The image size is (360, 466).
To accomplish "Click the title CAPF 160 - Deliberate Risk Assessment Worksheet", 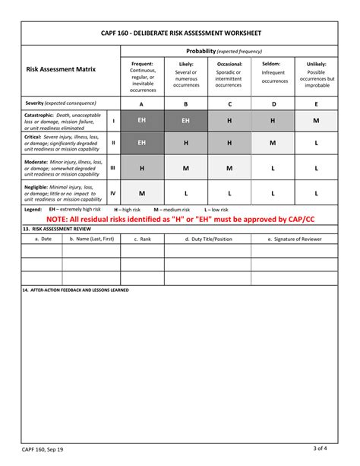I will (x=180, y=33).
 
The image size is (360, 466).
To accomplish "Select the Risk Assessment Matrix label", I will (x=60, y=69).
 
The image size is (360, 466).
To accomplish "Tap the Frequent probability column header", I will (x=142, y=77).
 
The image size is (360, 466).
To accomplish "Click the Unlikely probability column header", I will (x=317, y=74).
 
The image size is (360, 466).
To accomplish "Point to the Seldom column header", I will (x=273, y=72).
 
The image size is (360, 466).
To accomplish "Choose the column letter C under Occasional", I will (x=229, y=103).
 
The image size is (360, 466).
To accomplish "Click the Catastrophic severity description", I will (x=63, y=120).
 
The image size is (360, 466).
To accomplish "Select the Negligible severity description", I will (x=63, y=193).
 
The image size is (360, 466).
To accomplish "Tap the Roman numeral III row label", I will (x=113, y=168).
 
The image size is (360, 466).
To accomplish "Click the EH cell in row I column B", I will (x=186, y=120).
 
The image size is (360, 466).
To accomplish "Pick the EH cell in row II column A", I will (x=142, y=143).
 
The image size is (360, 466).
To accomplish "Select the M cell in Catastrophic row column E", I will (x=317, y=120).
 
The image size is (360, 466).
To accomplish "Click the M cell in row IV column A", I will (x=142, y=193).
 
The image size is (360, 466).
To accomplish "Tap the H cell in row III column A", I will (x=142, y=168).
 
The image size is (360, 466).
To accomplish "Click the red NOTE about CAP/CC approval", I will (x=180, y=220).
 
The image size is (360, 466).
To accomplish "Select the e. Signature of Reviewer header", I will (x=295, y=239).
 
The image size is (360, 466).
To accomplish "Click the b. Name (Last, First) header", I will (x=91, y=239).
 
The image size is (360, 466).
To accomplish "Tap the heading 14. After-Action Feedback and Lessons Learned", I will (x=76, y=290).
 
